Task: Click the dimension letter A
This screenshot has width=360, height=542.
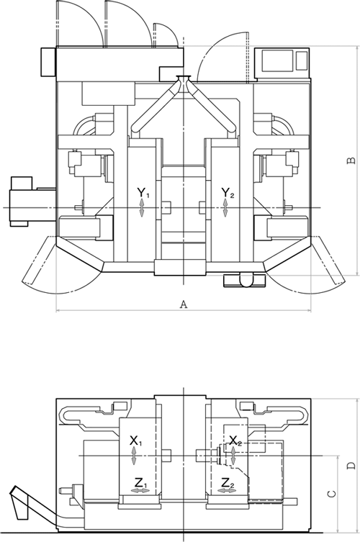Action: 184,304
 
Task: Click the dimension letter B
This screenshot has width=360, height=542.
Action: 351,161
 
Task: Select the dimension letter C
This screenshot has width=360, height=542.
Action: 331,494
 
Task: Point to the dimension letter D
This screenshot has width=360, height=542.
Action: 351,466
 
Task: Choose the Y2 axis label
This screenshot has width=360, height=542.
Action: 228,193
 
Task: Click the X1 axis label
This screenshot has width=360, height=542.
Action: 135,441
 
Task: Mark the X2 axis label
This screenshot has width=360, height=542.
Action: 235,441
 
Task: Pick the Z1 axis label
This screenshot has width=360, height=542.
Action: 141,482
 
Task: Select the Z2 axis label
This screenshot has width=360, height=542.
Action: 228,482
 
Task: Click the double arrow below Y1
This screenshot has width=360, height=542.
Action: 141,208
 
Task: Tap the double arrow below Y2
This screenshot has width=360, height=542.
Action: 225,208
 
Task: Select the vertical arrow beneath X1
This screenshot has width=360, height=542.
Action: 134,456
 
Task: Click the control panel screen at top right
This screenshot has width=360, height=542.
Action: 277,60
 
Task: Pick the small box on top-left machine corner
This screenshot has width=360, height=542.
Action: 48,62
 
